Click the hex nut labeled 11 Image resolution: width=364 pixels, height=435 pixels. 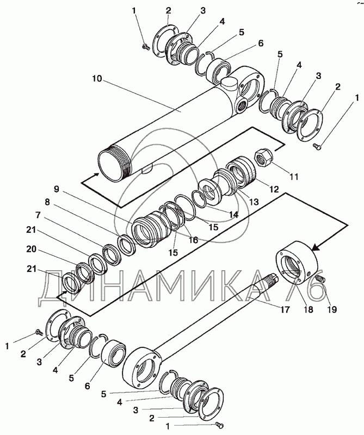click(263, 158)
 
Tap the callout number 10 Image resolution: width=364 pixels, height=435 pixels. click(97, 78)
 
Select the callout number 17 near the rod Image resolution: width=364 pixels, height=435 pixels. click(284, 309)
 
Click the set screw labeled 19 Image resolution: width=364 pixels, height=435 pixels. click(320, 281)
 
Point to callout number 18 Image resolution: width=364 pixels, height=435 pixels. click(308, 309)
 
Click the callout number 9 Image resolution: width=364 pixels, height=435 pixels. click(57, 189)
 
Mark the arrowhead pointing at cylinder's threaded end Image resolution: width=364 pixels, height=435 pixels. click(96, 174)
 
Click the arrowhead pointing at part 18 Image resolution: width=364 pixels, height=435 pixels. click(316, 247)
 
